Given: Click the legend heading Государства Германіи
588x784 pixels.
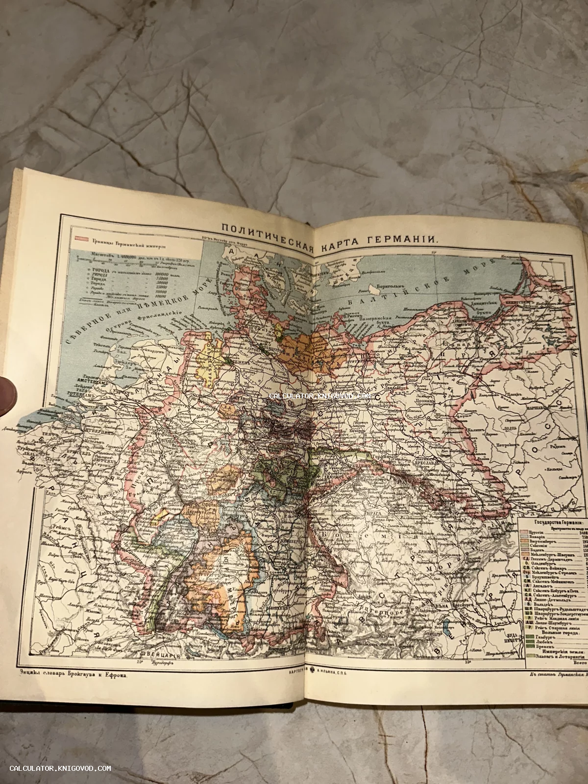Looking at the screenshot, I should coord(553,522).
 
